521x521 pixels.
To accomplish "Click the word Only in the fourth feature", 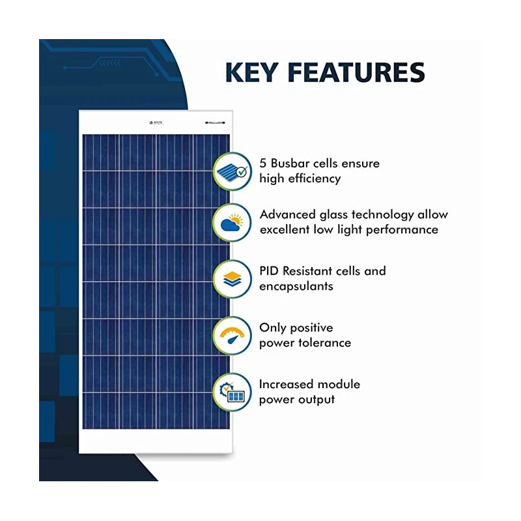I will tap(272, 328).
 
